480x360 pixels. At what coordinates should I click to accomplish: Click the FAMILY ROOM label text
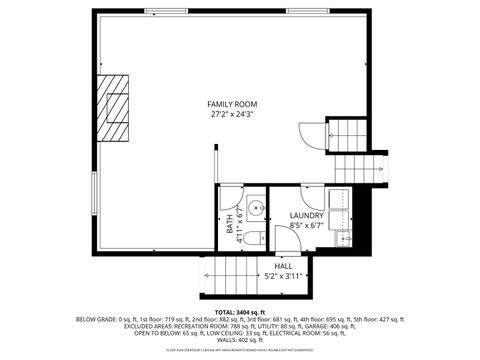click(231, 104)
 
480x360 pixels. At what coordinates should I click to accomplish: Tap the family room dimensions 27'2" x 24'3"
click(231, 114)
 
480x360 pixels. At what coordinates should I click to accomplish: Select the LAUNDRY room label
click(306, 216)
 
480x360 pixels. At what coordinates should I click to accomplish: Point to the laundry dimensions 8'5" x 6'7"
click(306, 226)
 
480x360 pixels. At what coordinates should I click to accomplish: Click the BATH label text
click(230, 229)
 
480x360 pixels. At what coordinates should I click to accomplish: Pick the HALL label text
click(270, 266)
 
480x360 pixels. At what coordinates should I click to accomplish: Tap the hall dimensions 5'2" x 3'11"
click(283, 276)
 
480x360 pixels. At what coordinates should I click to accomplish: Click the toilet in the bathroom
click(254, 238)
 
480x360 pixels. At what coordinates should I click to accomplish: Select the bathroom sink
click(257, 208)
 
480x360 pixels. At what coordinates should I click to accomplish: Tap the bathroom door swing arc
click(232, 195)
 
